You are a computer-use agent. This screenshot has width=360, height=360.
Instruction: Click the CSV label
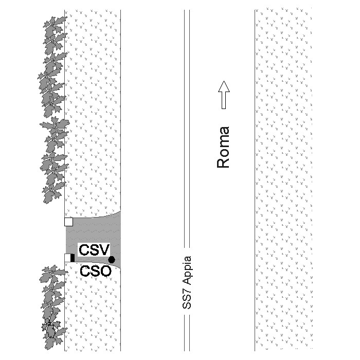point(94,249)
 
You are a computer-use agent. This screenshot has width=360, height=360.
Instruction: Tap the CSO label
point(96,271)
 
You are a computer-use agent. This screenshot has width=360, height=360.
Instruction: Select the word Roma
point(223,147)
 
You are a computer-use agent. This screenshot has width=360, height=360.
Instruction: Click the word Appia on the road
point(187,270)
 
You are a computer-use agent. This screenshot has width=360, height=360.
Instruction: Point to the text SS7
point(187,298)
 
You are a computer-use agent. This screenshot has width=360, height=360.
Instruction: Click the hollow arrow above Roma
point(224,95)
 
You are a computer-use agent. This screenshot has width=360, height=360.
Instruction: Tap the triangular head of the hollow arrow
point(224,86)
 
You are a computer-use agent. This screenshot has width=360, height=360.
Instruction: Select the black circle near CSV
point(112,260)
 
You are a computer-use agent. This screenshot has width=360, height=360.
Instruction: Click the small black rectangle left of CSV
point(73,258)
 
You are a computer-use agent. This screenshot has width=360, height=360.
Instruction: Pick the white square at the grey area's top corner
point(68,222)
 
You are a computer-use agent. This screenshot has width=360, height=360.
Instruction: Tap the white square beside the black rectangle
point(67,258)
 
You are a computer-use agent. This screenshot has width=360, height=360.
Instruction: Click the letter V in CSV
point(104,250)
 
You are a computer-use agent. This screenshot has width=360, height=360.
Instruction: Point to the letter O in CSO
point(106,271)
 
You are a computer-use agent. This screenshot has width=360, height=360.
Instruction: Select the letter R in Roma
point(223,163)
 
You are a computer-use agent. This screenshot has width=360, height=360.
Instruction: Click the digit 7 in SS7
point(187,290)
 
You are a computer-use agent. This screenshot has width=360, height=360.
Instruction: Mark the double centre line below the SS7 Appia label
point(187,333)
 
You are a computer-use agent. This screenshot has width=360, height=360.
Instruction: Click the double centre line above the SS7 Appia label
point(187,129)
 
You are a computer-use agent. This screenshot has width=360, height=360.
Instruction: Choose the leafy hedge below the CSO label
point(53,308)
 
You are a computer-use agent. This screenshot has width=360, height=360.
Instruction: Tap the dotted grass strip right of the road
point(283,179)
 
